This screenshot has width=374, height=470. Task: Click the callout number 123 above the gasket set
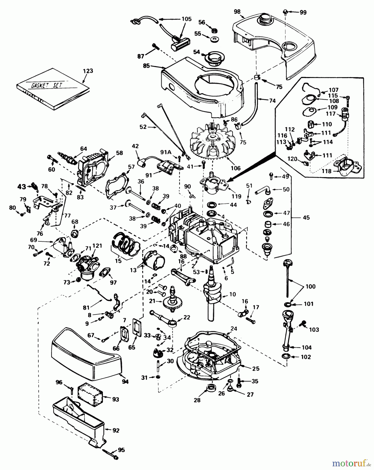click(88, 71)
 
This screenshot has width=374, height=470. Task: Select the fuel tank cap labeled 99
click(285, 11)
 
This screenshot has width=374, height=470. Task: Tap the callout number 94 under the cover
click(125, 382)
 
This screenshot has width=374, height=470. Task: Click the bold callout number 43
click(22, 187)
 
